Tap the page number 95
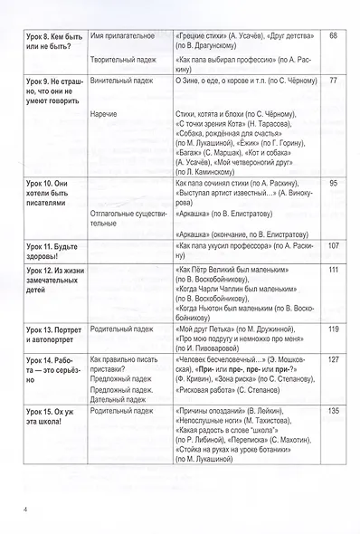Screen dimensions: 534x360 [333, 184]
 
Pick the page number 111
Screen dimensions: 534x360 [333, 271]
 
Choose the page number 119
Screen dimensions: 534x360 [333, 328]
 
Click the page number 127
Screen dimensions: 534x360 [333, 359]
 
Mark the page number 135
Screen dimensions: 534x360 [333, 410]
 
